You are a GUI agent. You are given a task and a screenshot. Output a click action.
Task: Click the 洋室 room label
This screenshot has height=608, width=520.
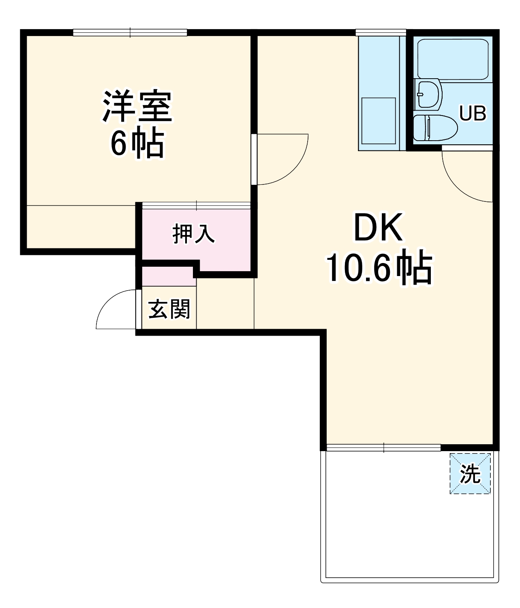(x=137, y=107)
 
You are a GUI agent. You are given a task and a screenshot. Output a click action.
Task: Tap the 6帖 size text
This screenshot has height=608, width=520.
(x=137, y=143)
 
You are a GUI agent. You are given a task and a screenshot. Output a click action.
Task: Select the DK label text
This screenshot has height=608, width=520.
(x=379, y=228)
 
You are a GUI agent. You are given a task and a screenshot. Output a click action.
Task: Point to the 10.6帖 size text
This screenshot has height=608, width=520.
(x=379, y=268)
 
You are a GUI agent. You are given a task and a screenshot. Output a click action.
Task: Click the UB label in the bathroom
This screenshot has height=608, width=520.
(x=472, y=114)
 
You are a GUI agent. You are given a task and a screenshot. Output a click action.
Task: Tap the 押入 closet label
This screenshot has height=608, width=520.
(x=193, y=234)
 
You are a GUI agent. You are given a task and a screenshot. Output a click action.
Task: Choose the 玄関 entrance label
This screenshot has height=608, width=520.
(x=169, y=310)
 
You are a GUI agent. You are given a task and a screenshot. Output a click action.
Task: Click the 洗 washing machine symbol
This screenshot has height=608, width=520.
(x=470, y=473)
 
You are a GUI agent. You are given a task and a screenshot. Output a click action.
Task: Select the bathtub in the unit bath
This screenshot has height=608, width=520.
(x=453, y=59)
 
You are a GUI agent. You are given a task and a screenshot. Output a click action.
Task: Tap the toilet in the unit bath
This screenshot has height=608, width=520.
(x=434, y=128)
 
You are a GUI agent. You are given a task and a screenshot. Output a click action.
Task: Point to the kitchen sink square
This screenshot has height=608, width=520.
(x=379, y=120)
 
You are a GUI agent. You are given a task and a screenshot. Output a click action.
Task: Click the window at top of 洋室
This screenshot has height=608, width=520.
(x=130, y=32)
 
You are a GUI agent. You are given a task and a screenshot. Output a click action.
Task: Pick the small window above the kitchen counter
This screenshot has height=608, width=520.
(x=381, y=32)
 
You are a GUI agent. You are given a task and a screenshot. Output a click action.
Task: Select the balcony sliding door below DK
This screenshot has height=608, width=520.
(x=383, y=447)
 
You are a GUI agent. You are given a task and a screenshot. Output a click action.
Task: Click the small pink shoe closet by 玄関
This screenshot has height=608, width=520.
(x=167, y=276)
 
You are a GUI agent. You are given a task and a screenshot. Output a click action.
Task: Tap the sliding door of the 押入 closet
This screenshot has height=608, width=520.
(x=196, y=206)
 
